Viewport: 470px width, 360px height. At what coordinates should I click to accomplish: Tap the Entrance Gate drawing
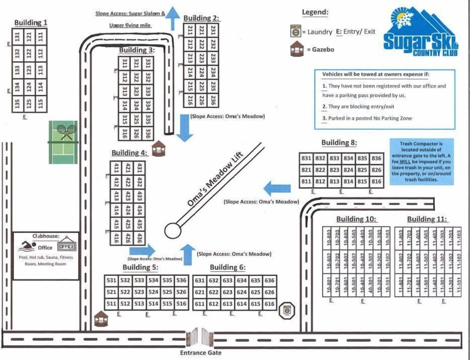200,338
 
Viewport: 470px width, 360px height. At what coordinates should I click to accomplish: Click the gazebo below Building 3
158,148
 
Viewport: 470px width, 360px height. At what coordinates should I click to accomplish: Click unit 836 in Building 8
376,158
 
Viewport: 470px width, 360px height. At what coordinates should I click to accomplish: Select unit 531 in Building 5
112,281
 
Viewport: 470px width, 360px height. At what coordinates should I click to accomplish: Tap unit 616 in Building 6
269,304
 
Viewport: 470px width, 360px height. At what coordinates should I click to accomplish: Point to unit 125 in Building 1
29,104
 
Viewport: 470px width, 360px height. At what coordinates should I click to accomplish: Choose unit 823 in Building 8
334,170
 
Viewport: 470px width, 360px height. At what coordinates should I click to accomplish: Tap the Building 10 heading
356,219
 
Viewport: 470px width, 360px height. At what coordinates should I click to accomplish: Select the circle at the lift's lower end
172,230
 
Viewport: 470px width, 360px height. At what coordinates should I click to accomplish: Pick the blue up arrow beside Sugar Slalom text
173,20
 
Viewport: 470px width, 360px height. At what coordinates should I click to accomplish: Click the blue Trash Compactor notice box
422,162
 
